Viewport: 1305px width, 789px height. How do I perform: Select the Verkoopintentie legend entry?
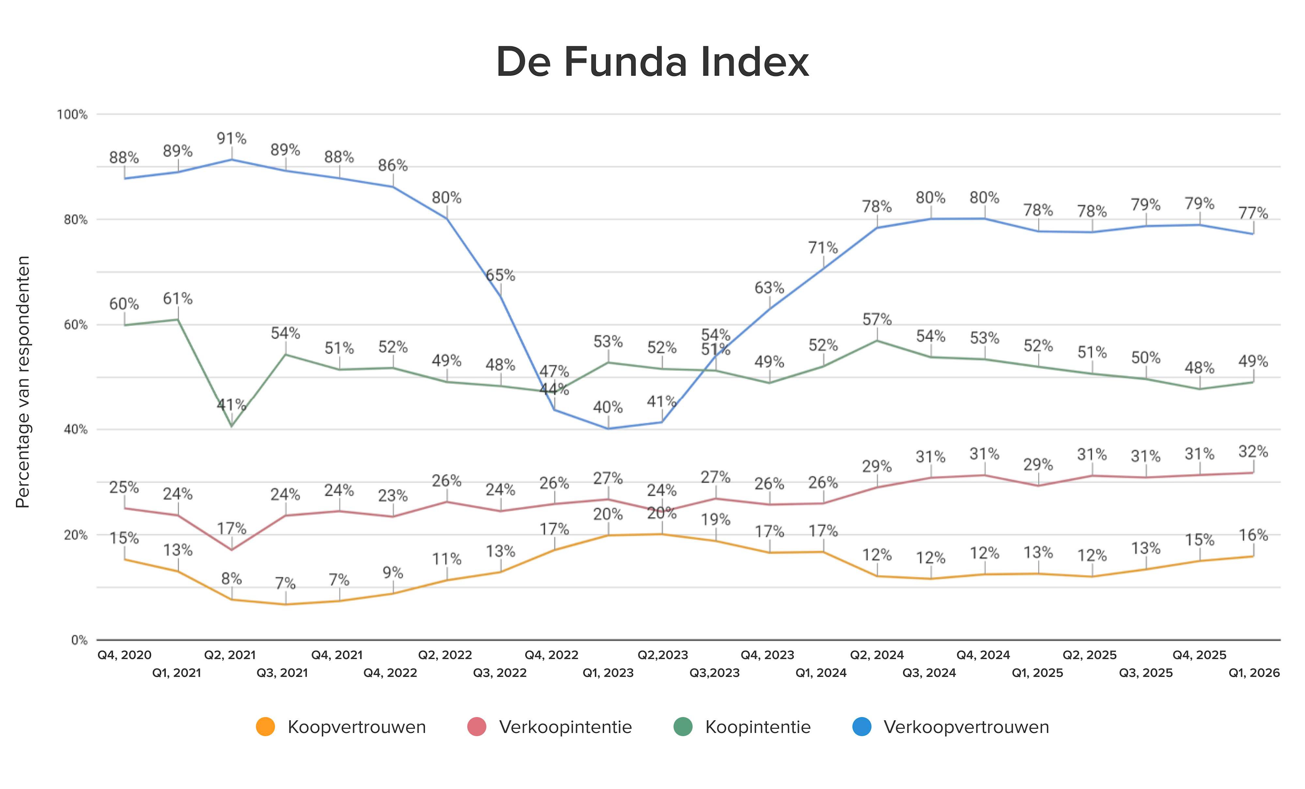pos(565,727)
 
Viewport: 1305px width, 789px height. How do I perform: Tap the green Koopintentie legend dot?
pos(683,727)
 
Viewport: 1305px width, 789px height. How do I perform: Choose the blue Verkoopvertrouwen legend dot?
pos(862,727)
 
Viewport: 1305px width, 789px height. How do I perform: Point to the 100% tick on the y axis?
pos(72,115)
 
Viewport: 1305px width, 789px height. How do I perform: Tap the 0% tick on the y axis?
pos(79,640)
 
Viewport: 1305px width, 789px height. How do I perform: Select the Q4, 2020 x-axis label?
pos(124,655)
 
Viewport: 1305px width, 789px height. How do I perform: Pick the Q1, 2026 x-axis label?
pos(1254,673)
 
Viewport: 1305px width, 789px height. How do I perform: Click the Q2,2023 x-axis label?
pos(663,655)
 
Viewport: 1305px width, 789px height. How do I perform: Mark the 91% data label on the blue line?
pos(231,138)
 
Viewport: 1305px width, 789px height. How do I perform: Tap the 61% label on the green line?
pos(177,299)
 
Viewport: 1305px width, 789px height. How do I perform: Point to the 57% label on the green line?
pos(877,319)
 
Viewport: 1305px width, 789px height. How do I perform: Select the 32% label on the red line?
pos(1253,452)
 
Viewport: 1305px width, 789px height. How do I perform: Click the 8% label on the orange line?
pos(231,579)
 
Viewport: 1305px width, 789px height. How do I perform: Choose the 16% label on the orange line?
pos(1253,535)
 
